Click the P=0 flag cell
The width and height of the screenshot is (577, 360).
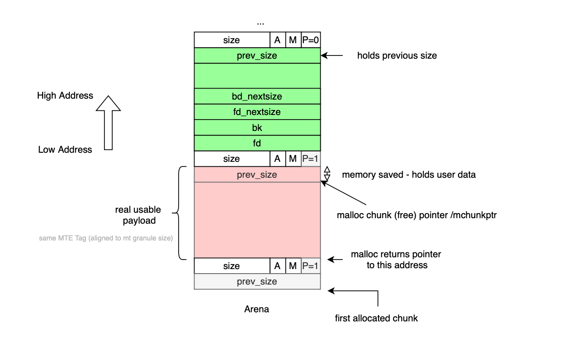click(311, 40)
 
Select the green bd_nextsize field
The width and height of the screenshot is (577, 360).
click(257, 96)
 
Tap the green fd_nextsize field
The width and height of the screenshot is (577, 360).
click(257, 112)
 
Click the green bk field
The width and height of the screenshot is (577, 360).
click(257, 128)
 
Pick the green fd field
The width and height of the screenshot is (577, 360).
click(257, 143)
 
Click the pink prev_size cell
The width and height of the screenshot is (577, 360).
click(257, 175)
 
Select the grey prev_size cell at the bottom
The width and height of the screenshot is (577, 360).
click(257, 281)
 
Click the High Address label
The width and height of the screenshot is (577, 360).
click(65, 95)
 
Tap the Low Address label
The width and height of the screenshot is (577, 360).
click(65, 150)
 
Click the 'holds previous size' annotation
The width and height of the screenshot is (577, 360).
click(397, 55)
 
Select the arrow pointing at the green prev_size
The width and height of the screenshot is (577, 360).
click(332, 55)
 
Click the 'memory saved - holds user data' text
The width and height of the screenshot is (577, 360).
click(408, 175)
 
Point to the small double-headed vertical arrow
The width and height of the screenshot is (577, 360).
click(327, 174)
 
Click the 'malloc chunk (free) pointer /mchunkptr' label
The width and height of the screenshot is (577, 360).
click(417, 215)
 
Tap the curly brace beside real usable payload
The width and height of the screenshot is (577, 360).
click(180, 213)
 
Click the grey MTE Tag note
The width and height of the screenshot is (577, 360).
click(106, 238)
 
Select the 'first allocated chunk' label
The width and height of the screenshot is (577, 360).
click(376, 318)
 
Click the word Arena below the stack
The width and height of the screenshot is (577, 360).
click(257, 309)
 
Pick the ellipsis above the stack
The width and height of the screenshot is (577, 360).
click(260, 22)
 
